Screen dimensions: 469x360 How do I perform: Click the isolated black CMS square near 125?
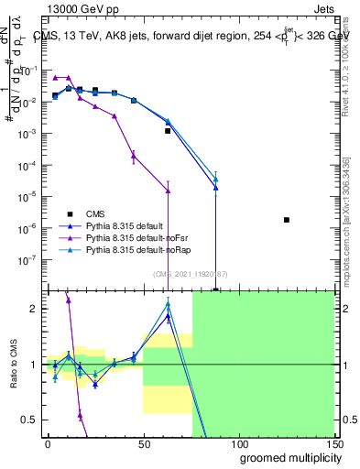[x=287, y=220]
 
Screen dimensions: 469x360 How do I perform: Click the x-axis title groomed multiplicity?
[x=287, y=458]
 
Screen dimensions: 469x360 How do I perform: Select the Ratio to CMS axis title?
[x=16, y=365]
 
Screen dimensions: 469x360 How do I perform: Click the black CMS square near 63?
[x=168, y=131]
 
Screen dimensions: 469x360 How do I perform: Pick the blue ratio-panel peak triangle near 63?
[x=168, y=317]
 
